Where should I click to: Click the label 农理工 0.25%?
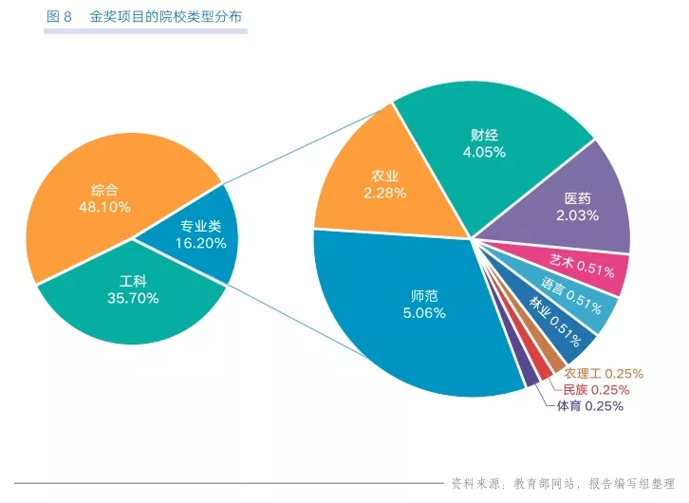[604, 373]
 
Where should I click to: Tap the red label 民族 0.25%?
[596, 389]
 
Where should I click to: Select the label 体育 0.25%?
[589, 406]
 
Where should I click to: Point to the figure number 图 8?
[59, 17]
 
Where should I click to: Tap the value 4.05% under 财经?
[484, 151]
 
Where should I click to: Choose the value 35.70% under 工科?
[133, 298]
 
